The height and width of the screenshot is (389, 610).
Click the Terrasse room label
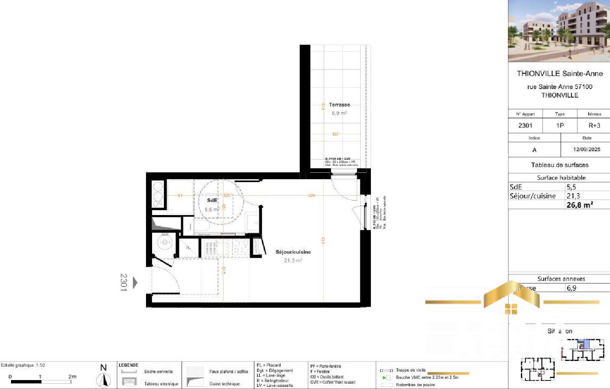339,105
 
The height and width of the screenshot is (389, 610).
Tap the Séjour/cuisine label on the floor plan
293,252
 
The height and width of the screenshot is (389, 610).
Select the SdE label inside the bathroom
212,200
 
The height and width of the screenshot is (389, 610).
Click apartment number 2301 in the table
525,126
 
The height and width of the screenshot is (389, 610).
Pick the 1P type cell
560,126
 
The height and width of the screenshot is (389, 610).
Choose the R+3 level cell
594,126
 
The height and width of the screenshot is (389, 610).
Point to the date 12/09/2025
586,149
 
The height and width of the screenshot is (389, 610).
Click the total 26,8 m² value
579,205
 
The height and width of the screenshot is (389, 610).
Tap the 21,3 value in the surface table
573,196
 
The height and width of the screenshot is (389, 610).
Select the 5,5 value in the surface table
571,187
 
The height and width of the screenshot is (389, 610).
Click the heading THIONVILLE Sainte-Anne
560,74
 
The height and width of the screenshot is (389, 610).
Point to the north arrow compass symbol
104,380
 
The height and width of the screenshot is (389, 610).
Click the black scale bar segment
26,382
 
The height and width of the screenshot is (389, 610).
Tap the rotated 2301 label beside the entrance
124,282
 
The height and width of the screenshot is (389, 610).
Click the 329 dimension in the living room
311,196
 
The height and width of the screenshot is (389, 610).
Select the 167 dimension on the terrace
335,134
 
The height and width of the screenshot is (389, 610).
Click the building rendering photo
559,31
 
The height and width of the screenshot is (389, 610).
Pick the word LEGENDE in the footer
129,365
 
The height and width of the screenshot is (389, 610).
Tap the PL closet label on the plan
188,248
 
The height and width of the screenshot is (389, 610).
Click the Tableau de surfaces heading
560,165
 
